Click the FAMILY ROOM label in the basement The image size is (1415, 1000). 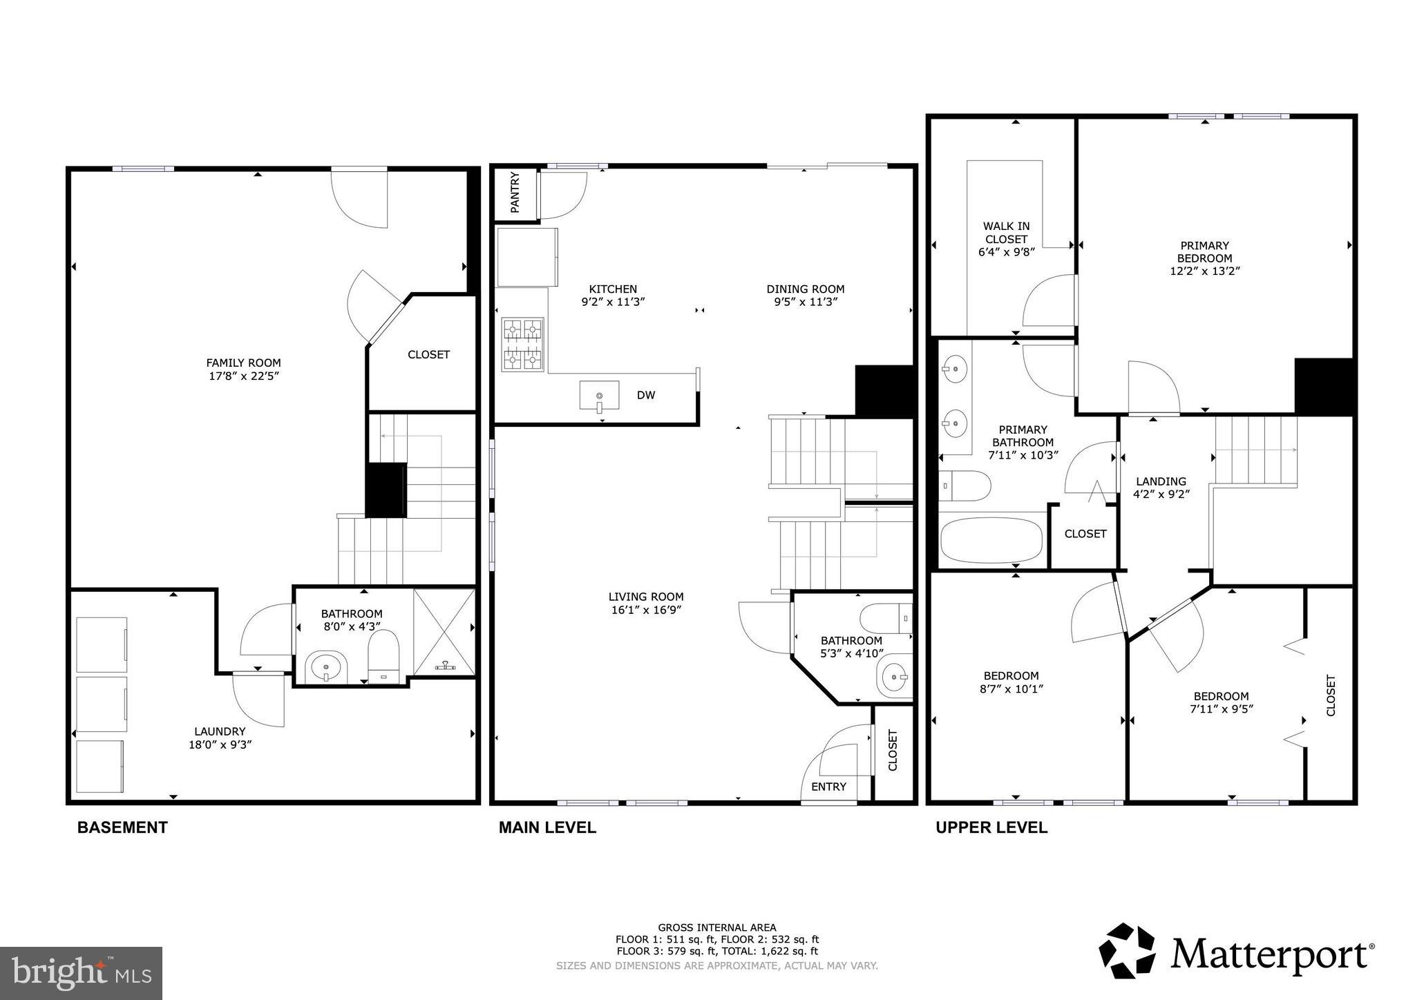click(x=243, y=363)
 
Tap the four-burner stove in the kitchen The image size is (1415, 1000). click(x=522, y=345)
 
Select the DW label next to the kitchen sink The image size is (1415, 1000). click(x=645, y=395)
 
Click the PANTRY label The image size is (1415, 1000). click(x=515, y=193)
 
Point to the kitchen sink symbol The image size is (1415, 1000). click(x=599, y=396)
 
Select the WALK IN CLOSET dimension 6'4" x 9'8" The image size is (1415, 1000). click(x=1006, y=253)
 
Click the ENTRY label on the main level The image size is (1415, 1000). click(x=828, y=787)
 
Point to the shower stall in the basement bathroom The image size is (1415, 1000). click(x=444, y=629)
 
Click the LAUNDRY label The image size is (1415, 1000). click(x=220, y=731)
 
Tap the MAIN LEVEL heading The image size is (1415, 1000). click(x=547, y=827)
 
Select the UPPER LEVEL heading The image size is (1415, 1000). click(x=991, y=827)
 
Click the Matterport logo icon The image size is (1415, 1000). click(x=1127, y=950)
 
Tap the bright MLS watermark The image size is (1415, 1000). click(x=82, y=973)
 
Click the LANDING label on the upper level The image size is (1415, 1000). click(x=1161, y=481)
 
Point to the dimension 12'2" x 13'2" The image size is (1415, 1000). click(x=1204, y=271)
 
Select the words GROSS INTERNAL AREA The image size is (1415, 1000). click(x=716, y=927)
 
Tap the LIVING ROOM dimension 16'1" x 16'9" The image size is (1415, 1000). click(x=646, y=610)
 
